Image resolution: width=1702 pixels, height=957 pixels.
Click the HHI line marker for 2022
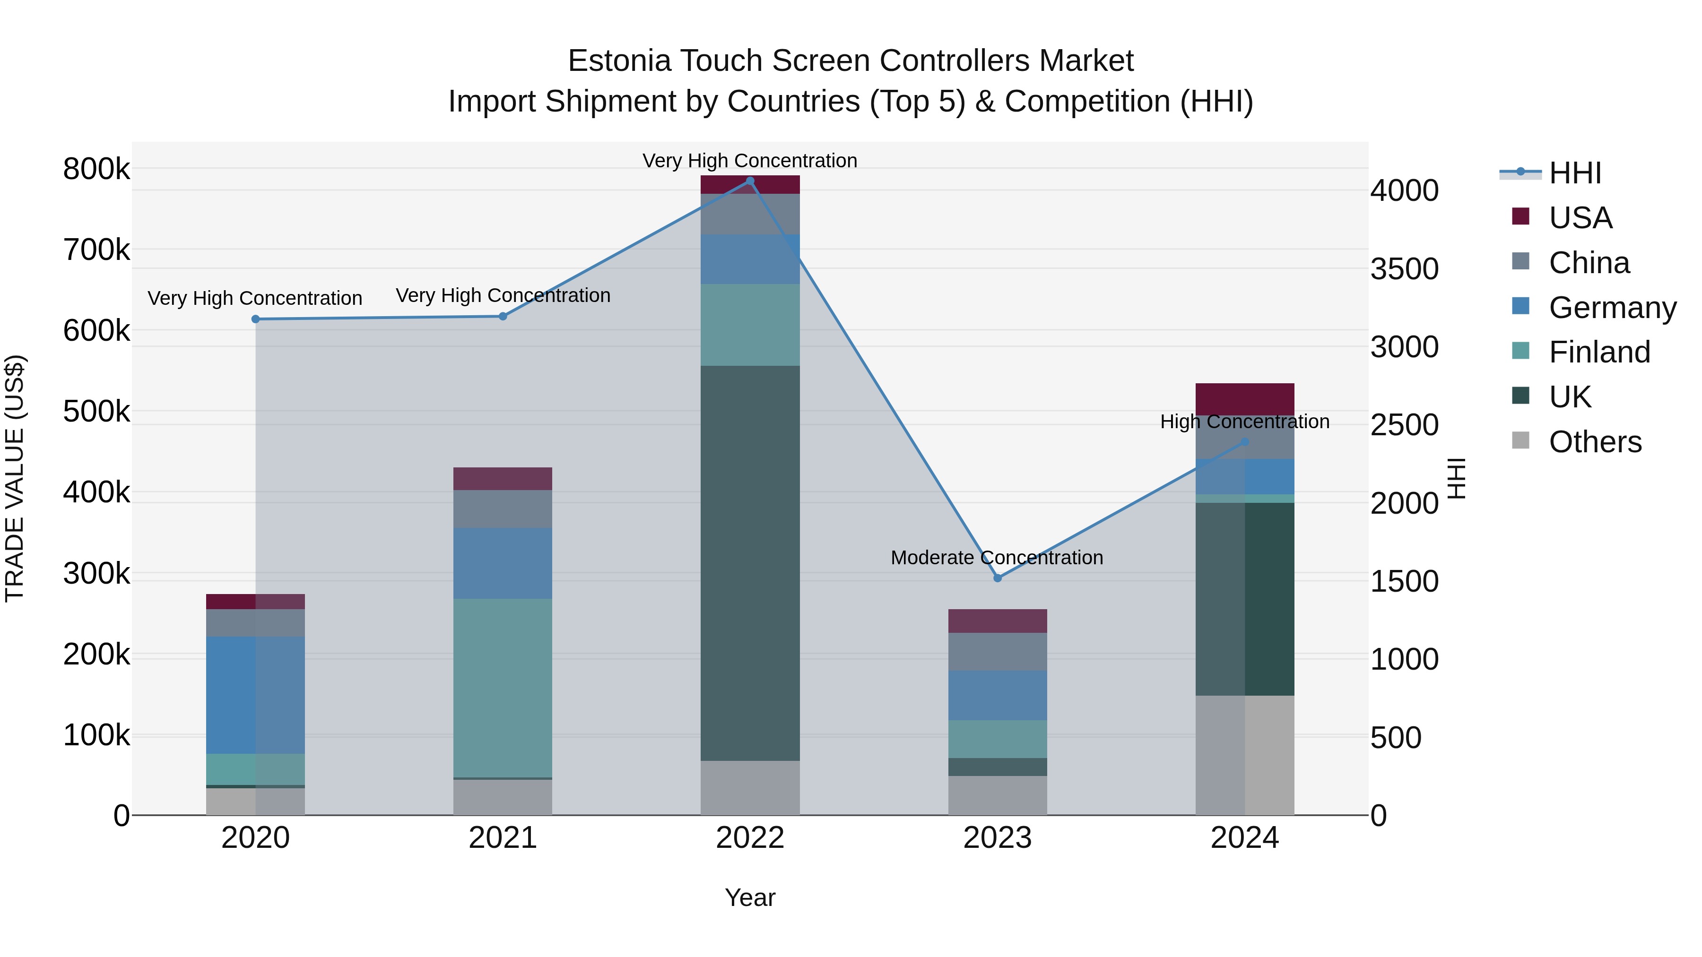(750, 181)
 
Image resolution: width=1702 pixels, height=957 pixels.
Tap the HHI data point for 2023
(998, 578)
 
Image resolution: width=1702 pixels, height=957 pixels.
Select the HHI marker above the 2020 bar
(256, 319)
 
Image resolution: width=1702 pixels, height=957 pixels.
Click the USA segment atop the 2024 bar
(1245, 399)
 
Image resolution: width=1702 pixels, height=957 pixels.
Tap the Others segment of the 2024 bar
(1245, 755)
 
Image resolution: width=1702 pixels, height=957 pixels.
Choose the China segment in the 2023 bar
(998, 651)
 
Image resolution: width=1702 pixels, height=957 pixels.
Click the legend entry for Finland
(1599, 352)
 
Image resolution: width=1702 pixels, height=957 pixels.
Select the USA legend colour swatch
(1520, 216)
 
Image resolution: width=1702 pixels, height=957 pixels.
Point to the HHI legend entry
(1574, 173)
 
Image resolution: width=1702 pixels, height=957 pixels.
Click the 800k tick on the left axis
(96, 169)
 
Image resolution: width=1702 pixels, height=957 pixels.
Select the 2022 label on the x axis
(750, 838)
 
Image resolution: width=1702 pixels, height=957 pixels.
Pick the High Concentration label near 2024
(1245, 422)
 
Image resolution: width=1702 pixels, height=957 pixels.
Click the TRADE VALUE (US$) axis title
(15, 478)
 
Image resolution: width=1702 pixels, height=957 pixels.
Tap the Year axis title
(750, 897)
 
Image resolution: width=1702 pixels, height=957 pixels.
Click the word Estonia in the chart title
(619, 61)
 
